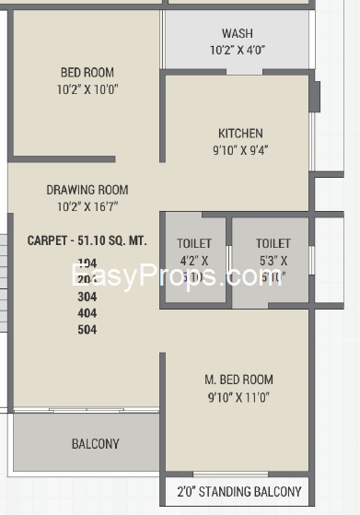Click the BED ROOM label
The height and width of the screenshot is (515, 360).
(87, 73)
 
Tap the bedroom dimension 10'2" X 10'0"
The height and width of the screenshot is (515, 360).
(87, 89)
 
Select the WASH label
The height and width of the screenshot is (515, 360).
(237, 34)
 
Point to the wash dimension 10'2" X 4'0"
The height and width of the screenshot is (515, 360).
(237, 51)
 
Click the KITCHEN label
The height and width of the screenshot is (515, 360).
(240, 133)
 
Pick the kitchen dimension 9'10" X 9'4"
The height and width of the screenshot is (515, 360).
(240, 149)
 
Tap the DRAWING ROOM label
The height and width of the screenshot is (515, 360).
(87, 191)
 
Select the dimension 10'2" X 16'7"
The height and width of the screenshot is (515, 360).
(87, 207)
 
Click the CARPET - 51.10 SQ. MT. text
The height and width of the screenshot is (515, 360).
(87, 240)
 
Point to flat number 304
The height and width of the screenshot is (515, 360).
(87, 297)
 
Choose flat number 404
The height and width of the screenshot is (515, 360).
(87, 313)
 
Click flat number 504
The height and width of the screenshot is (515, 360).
(87, 330)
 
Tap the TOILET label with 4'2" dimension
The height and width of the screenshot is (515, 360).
(193, 243)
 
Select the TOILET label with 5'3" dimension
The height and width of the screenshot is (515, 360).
(273, 243)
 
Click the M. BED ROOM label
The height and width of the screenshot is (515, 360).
(238, 380)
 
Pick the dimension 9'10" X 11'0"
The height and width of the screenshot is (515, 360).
(238, 397)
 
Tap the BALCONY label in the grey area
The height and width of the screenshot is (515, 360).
(95, 444)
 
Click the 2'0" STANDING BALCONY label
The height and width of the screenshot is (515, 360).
(238, 492)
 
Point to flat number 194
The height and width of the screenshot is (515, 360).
(87, 263)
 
